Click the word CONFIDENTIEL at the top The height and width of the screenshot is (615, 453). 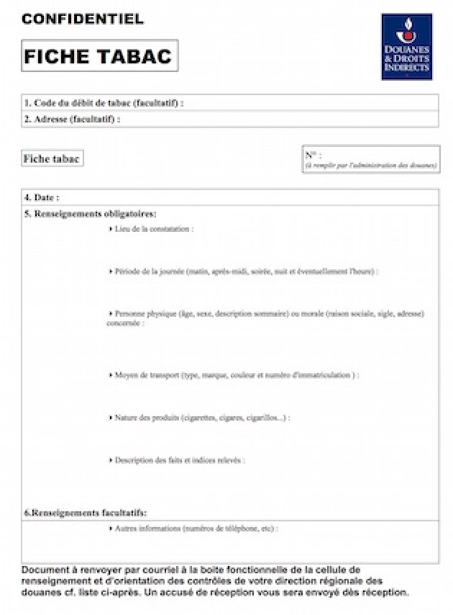point(82,19)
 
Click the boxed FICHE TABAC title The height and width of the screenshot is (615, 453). point(99,56)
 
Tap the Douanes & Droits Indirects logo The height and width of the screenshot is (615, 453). point(406,46)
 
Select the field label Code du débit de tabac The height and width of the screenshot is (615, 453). point(105,103)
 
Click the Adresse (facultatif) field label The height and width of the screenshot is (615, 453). point(72,120)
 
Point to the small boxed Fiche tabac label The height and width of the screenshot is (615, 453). point(52,159)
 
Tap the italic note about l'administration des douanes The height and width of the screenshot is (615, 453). point(370,166)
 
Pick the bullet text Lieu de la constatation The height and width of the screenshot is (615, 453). point(153,229)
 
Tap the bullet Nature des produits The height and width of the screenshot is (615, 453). point(147,418)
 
